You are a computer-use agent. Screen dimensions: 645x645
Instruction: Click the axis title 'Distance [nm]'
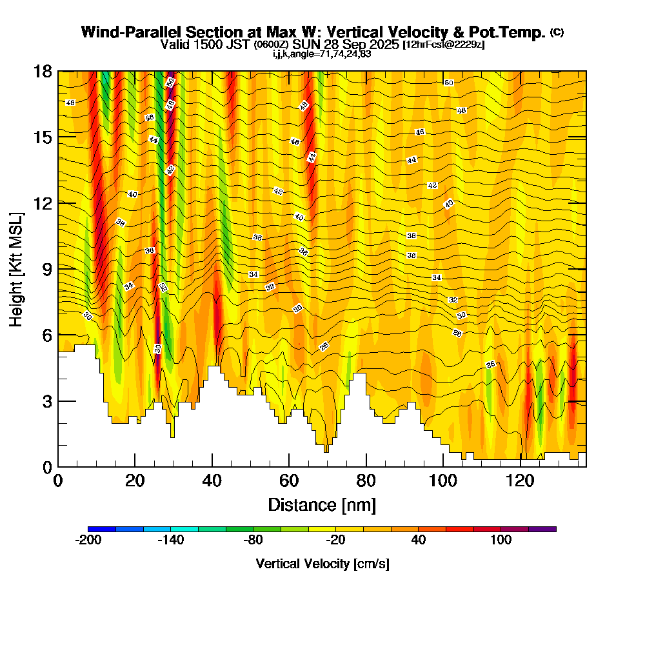(321, 504)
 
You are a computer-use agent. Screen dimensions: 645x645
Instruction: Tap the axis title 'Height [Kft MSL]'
(16, 268)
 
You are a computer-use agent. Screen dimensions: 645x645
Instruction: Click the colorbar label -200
(88, 541)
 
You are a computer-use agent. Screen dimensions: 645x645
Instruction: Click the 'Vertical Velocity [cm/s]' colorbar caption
(322, 564)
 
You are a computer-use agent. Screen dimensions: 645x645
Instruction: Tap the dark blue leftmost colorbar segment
(102, 529)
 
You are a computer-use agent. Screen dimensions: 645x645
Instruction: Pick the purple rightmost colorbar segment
(542, 529)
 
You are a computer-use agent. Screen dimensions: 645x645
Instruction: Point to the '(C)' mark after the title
(557, 32)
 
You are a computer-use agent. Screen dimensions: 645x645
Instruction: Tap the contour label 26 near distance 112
(490, 365)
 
